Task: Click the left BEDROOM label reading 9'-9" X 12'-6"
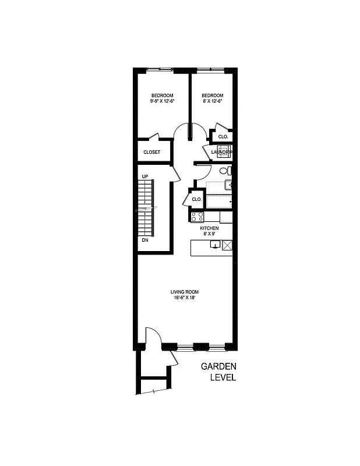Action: tap(162, 98)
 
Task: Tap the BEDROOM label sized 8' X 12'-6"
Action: tap(213, 98)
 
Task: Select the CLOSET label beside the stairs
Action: tap(152, 153)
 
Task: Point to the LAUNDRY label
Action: tap(221, 153)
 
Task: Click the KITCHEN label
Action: tap(209, 231)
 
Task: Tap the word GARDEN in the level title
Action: tap(218, 366)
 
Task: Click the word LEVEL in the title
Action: tap(223, 377)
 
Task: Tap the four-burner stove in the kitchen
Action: tap(197, 217)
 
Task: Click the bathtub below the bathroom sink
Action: tap(218, 202)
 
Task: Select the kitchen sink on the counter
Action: tap(215, 245)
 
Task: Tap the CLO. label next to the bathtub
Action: tap(197, 199)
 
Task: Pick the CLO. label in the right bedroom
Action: tap(223, 137)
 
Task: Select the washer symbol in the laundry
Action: tap(224, 151)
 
